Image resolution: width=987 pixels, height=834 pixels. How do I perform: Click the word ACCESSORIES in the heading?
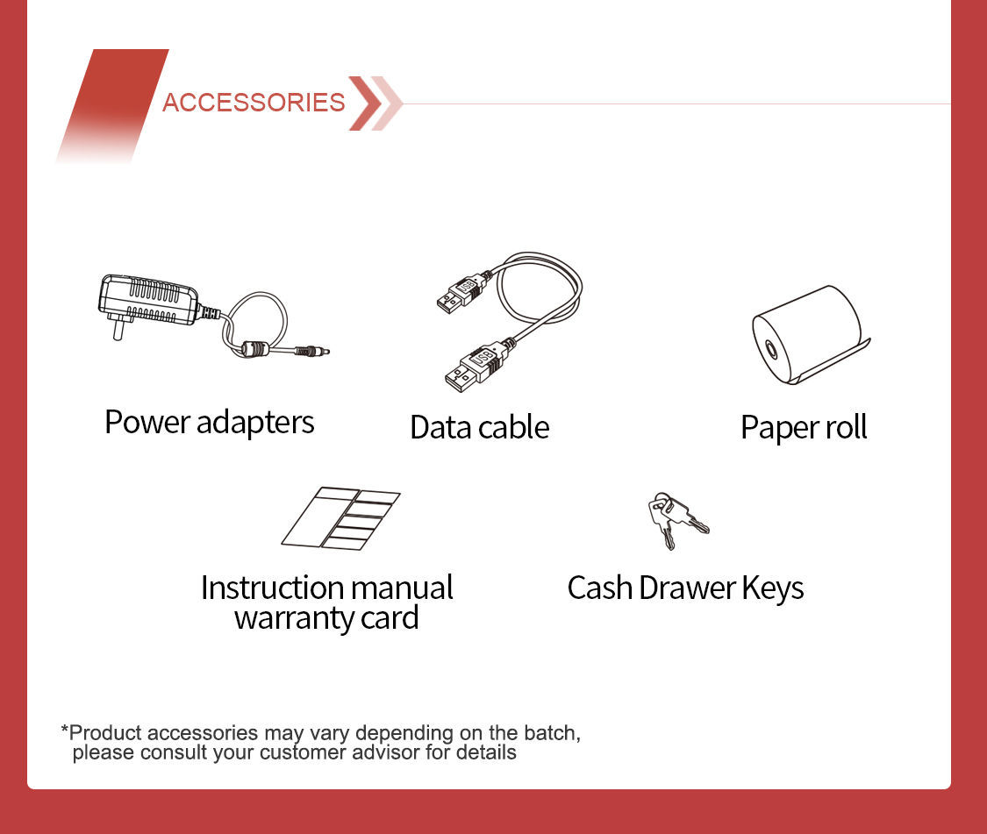click(x=254, y=103)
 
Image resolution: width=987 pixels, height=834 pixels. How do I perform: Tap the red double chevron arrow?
click(x=375, y=103)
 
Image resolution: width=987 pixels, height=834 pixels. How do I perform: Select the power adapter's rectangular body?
click(x=148, y=300)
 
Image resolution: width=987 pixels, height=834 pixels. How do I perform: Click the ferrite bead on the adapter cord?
click(x=255, y=348)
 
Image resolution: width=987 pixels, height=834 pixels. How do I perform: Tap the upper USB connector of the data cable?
click(x=462, y=293)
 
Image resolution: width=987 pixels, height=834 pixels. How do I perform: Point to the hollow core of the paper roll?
click(x=770, y=349)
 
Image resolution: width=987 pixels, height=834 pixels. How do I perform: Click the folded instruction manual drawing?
click(x=340, y=518)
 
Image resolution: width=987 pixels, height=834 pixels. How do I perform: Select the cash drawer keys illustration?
click(x=676, y=520)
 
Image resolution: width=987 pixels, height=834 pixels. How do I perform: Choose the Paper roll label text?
click(x=804, y=427)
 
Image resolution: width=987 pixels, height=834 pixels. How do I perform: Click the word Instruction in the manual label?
click(x=272, y=588)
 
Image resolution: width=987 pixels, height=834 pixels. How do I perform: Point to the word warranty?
click(x=294, y=618)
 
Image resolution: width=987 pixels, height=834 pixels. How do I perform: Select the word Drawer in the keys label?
click(x=687, y=588)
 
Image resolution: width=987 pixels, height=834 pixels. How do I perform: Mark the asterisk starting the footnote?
click(x=64, y=729)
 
